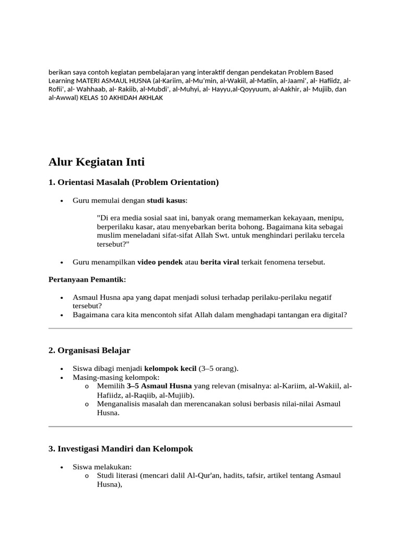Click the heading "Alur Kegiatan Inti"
(97, 162)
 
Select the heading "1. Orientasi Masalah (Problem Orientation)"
(134, 182)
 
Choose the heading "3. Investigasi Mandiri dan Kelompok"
(121, 448)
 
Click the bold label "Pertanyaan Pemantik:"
(87, 280)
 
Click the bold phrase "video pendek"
(160, 262)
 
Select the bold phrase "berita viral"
(220, 262)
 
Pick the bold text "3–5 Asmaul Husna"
(160, 386)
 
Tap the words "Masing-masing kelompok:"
(116, 377)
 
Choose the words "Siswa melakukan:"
(102, 467)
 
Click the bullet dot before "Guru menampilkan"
(62, 262)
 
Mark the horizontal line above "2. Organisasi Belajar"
(200, 328)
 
